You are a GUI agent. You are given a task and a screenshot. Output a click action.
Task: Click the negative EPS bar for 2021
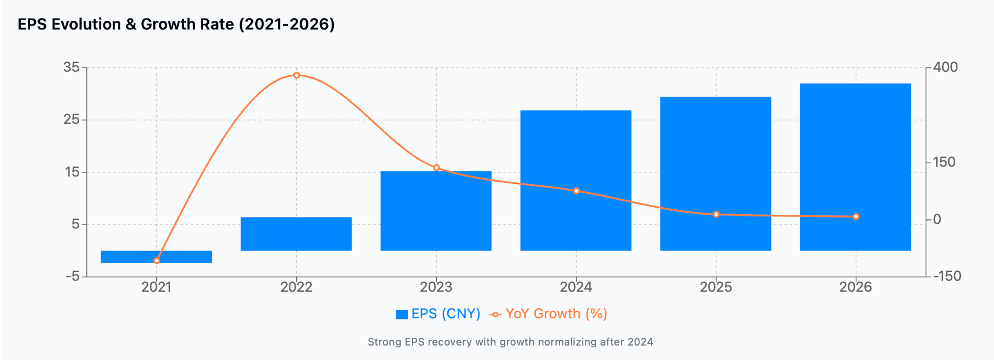point(156,256)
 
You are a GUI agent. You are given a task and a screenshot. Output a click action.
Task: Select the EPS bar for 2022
point(296,234)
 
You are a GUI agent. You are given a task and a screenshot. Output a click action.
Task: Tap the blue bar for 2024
point(576,180)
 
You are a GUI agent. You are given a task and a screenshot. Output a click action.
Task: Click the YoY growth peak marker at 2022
point(296,75)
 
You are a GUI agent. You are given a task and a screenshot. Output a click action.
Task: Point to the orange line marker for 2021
point(157,261)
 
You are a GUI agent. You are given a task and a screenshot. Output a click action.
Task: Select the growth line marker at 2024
point(576,191)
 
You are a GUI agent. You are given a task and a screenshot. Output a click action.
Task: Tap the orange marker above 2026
point(856,216)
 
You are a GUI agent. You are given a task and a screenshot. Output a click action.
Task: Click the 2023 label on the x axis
point(436,287)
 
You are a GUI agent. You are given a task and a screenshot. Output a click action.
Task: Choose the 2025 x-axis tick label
point(716,287)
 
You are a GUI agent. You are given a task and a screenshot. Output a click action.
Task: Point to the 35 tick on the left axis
point(71,67)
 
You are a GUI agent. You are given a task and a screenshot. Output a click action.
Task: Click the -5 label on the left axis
point(72,277)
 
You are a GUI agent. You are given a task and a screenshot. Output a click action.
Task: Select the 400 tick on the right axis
point(945,67)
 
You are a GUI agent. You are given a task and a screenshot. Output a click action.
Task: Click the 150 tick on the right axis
point(944,162)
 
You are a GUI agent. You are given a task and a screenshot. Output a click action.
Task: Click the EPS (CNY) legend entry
point(438,314)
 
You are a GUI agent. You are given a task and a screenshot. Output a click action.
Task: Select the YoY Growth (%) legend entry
point(548,314)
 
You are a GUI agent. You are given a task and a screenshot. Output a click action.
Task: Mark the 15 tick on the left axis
point(72,172)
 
